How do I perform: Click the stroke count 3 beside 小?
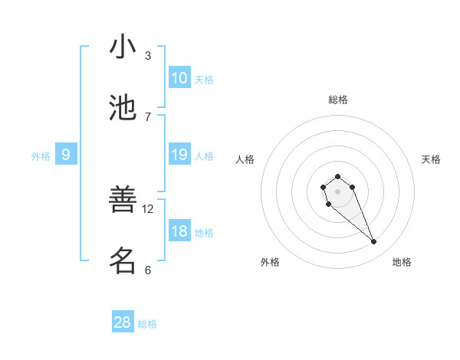coord(148,55)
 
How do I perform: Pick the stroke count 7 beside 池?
coord(148,116)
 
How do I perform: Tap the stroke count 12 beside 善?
coord(148,208)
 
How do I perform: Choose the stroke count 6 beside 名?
coord(148,270)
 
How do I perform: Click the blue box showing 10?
coord(179,78)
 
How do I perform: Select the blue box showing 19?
coord(179,155)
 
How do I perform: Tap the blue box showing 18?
coord(179,231)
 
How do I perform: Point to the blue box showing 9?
coord(66,155)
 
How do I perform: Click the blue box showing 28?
coord(123,322)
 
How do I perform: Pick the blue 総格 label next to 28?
coord(147,324)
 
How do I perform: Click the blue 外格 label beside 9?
coord(41,156)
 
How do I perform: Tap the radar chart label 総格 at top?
coord(338,100)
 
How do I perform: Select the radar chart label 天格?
coord(431,159)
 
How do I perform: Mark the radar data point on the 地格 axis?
coord(373,242)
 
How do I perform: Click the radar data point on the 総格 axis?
coord(338,176)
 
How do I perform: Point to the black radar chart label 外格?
coord(270,262)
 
